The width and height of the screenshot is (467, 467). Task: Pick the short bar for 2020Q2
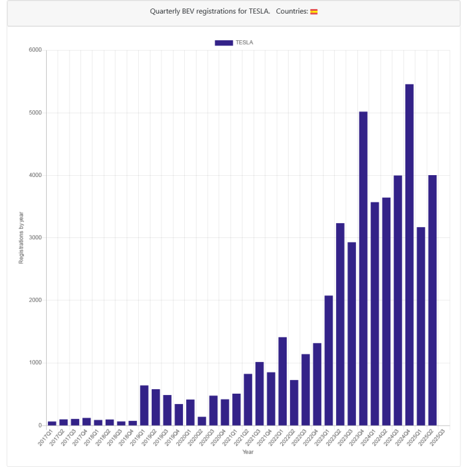coord(202,421)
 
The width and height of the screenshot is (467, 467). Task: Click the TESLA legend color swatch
coord(224,43)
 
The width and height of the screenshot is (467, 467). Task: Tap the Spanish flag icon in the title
coord(314,12)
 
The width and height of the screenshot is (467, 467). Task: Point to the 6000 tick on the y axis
coord(35,50)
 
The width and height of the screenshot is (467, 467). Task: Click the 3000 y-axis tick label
coord(35,238)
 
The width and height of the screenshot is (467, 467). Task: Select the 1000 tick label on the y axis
coord(35,363)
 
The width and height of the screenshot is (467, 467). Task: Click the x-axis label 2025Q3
coord(440,437)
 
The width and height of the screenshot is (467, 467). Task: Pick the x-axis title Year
coord(248,452)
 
